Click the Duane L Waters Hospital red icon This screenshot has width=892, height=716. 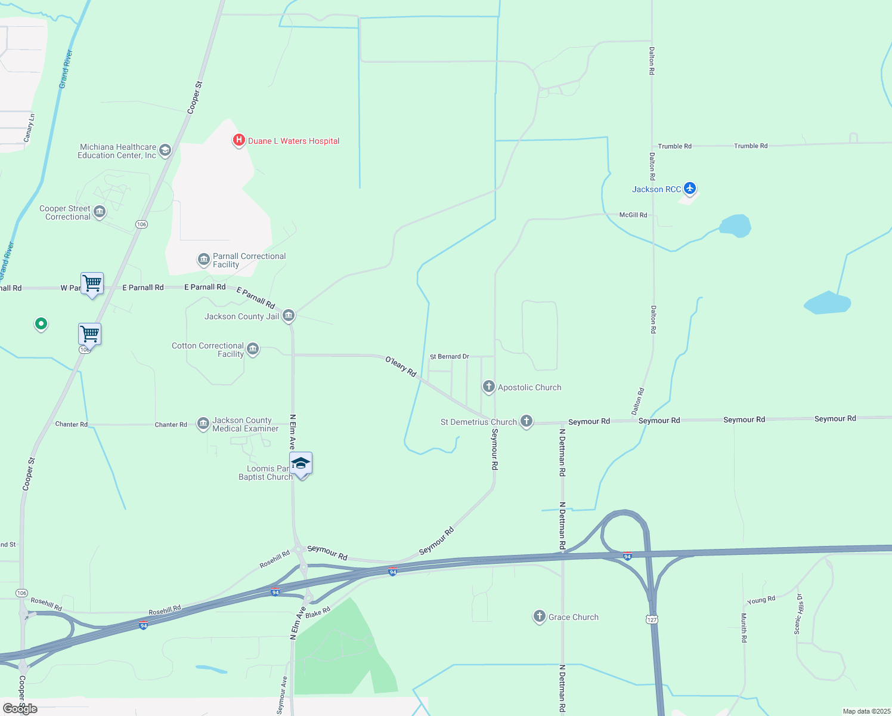point(239,141)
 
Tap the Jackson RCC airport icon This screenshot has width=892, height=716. point(690,189)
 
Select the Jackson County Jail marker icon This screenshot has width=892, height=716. point(289,316)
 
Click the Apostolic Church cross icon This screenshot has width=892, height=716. point(489,387)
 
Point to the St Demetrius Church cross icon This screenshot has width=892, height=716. point(526,421)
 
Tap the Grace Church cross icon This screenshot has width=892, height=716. point(540,616)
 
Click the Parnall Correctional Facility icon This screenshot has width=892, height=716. point(203,260)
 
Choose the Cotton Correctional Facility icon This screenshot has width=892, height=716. point(253,349)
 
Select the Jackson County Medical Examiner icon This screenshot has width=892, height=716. point(203,424)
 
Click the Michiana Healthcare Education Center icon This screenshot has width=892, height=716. point(165,150)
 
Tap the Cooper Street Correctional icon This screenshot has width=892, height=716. point(100,212)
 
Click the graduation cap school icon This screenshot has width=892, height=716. point(301,464)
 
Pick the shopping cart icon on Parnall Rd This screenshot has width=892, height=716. point(92,283)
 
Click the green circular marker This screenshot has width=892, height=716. point(41,324)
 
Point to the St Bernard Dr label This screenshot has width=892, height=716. point(450,357)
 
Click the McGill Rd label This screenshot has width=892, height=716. point(633,215)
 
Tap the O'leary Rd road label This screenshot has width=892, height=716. point(401,366)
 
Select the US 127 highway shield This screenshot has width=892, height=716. point(652,619)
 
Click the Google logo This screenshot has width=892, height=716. point(20,709)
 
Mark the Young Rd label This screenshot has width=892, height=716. point(761,600)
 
